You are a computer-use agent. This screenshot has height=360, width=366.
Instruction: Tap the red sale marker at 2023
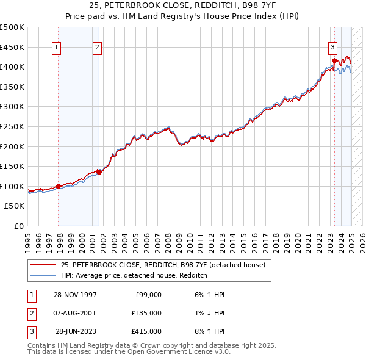334,60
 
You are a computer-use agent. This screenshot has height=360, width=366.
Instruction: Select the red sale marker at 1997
59,186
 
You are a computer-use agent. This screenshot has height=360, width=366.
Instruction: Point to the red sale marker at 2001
98,171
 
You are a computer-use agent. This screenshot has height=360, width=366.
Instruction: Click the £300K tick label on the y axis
12,106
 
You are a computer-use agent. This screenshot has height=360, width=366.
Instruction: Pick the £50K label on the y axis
15,206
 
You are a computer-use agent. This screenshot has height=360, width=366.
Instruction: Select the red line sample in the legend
43,265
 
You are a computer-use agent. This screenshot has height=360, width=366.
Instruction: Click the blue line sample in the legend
43,276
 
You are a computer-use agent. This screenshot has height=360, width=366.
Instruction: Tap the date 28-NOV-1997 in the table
75,294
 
